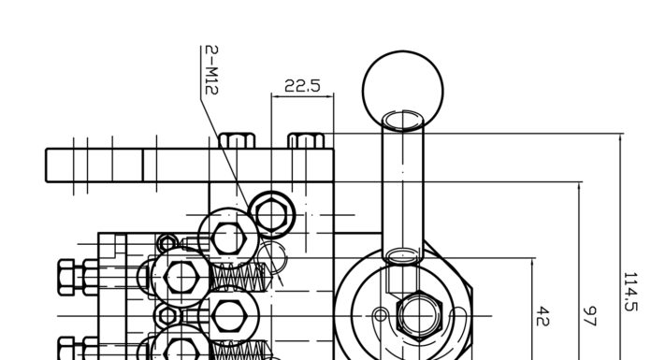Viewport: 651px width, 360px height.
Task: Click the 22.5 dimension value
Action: tap(303, 86)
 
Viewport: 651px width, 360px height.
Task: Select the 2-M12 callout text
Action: tap(211, 70)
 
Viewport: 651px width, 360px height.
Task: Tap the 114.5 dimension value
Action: tap(630, 292)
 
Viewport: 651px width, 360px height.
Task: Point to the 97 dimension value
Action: tap(589, 316)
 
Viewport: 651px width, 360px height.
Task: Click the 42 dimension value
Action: tap(543, 316)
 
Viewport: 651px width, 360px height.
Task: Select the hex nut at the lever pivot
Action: tap(419, 316)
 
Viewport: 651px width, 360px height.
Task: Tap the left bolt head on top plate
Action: tap(237, 141)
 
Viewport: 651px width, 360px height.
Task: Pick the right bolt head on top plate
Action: tap(307, 141)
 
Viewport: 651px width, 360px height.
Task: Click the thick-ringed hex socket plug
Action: tap(271, 215)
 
